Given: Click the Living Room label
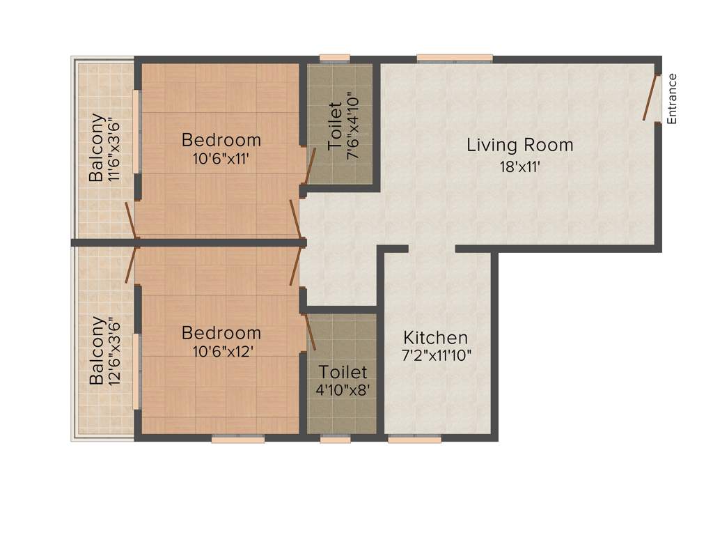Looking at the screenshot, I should point(519,146).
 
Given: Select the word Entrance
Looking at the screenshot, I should point(672,99).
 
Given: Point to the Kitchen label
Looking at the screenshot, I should point(436,338).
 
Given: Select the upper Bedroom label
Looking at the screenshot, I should point(221,140).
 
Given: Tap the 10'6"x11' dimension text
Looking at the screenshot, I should point(221,158).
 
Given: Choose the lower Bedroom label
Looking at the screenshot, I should point(221,333).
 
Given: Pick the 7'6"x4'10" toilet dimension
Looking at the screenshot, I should point(354,130).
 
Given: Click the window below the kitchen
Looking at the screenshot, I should point(414,439).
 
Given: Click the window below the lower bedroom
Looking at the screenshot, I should point(237,439).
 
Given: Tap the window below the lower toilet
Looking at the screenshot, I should point(336,439).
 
